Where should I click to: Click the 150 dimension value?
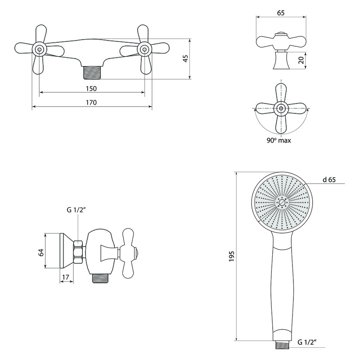coord(91,88)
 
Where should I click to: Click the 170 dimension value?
coord(91,103)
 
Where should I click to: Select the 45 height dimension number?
coord(185,58)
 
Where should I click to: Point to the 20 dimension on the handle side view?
coord(301,60)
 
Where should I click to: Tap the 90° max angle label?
coord(279,140)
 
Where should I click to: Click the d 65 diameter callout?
coord(329,180)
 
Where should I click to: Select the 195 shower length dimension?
coord(231,256)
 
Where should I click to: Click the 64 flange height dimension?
coord(41,252)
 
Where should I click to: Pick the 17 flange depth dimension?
coord(65,277)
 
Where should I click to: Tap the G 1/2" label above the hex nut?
coord(76,210)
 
